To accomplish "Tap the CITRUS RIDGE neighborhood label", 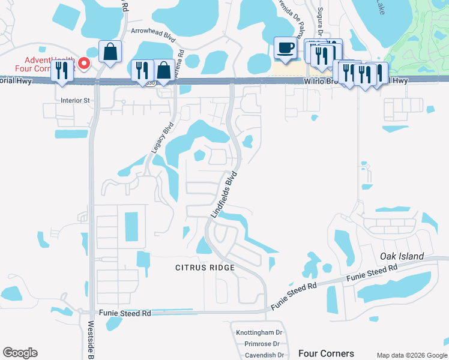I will click(204, 267).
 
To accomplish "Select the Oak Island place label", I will click(402, 256).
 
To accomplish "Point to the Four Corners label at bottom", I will click(326, 353).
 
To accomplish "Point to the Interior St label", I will click(74, 100).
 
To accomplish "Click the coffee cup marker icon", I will click(285, 47).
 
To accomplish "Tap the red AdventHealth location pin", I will click(85, 62).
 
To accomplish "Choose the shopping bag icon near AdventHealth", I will click(110, 52).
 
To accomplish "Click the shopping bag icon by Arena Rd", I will click(163, 70).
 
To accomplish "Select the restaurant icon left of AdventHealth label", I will click(61, 70).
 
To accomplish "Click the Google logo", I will click(20, 353).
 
